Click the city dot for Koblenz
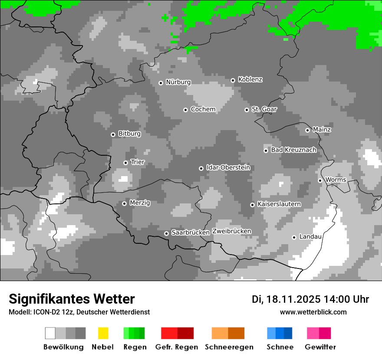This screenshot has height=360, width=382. [x=233, y=80]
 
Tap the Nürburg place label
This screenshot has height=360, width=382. [x=178, y=82]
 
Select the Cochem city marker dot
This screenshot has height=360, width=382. [x=185, y=110]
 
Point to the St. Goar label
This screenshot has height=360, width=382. [x=264, y=109]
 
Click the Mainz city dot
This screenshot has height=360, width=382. [x=307, y=130]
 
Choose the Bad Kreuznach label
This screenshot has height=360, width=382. [x=293, y=150]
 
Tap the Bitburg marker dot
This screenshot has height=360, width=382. [x=113, y=134]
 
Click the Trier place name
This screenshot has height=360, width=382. [x=138, y=162]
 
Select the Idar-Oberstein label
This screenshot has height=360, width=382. [x=228, y=168]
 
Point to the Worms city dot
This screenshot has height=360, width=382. [x=320, y=180]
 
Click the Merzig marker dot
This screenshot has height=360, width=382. [x=124, y=203]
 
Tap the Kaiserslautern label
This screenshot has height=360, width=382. [x=279, y=204]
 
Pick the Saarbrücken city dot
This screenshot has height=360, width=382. [x=166, y=233]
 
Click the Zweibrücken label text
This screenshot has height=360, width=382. [x=231, y=232]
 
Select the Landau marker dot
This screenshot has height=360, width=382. [x=294, y=237]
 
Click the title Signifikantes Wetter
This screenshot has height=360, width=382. [x=72, y=299]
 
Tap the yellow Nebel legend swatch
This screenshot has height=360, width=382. [x=103, y=333]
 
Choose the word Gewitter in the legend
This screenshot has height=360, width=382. [x=320, y=347]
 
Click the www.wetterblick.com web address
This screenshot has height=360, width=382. [x=313, y=312]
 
